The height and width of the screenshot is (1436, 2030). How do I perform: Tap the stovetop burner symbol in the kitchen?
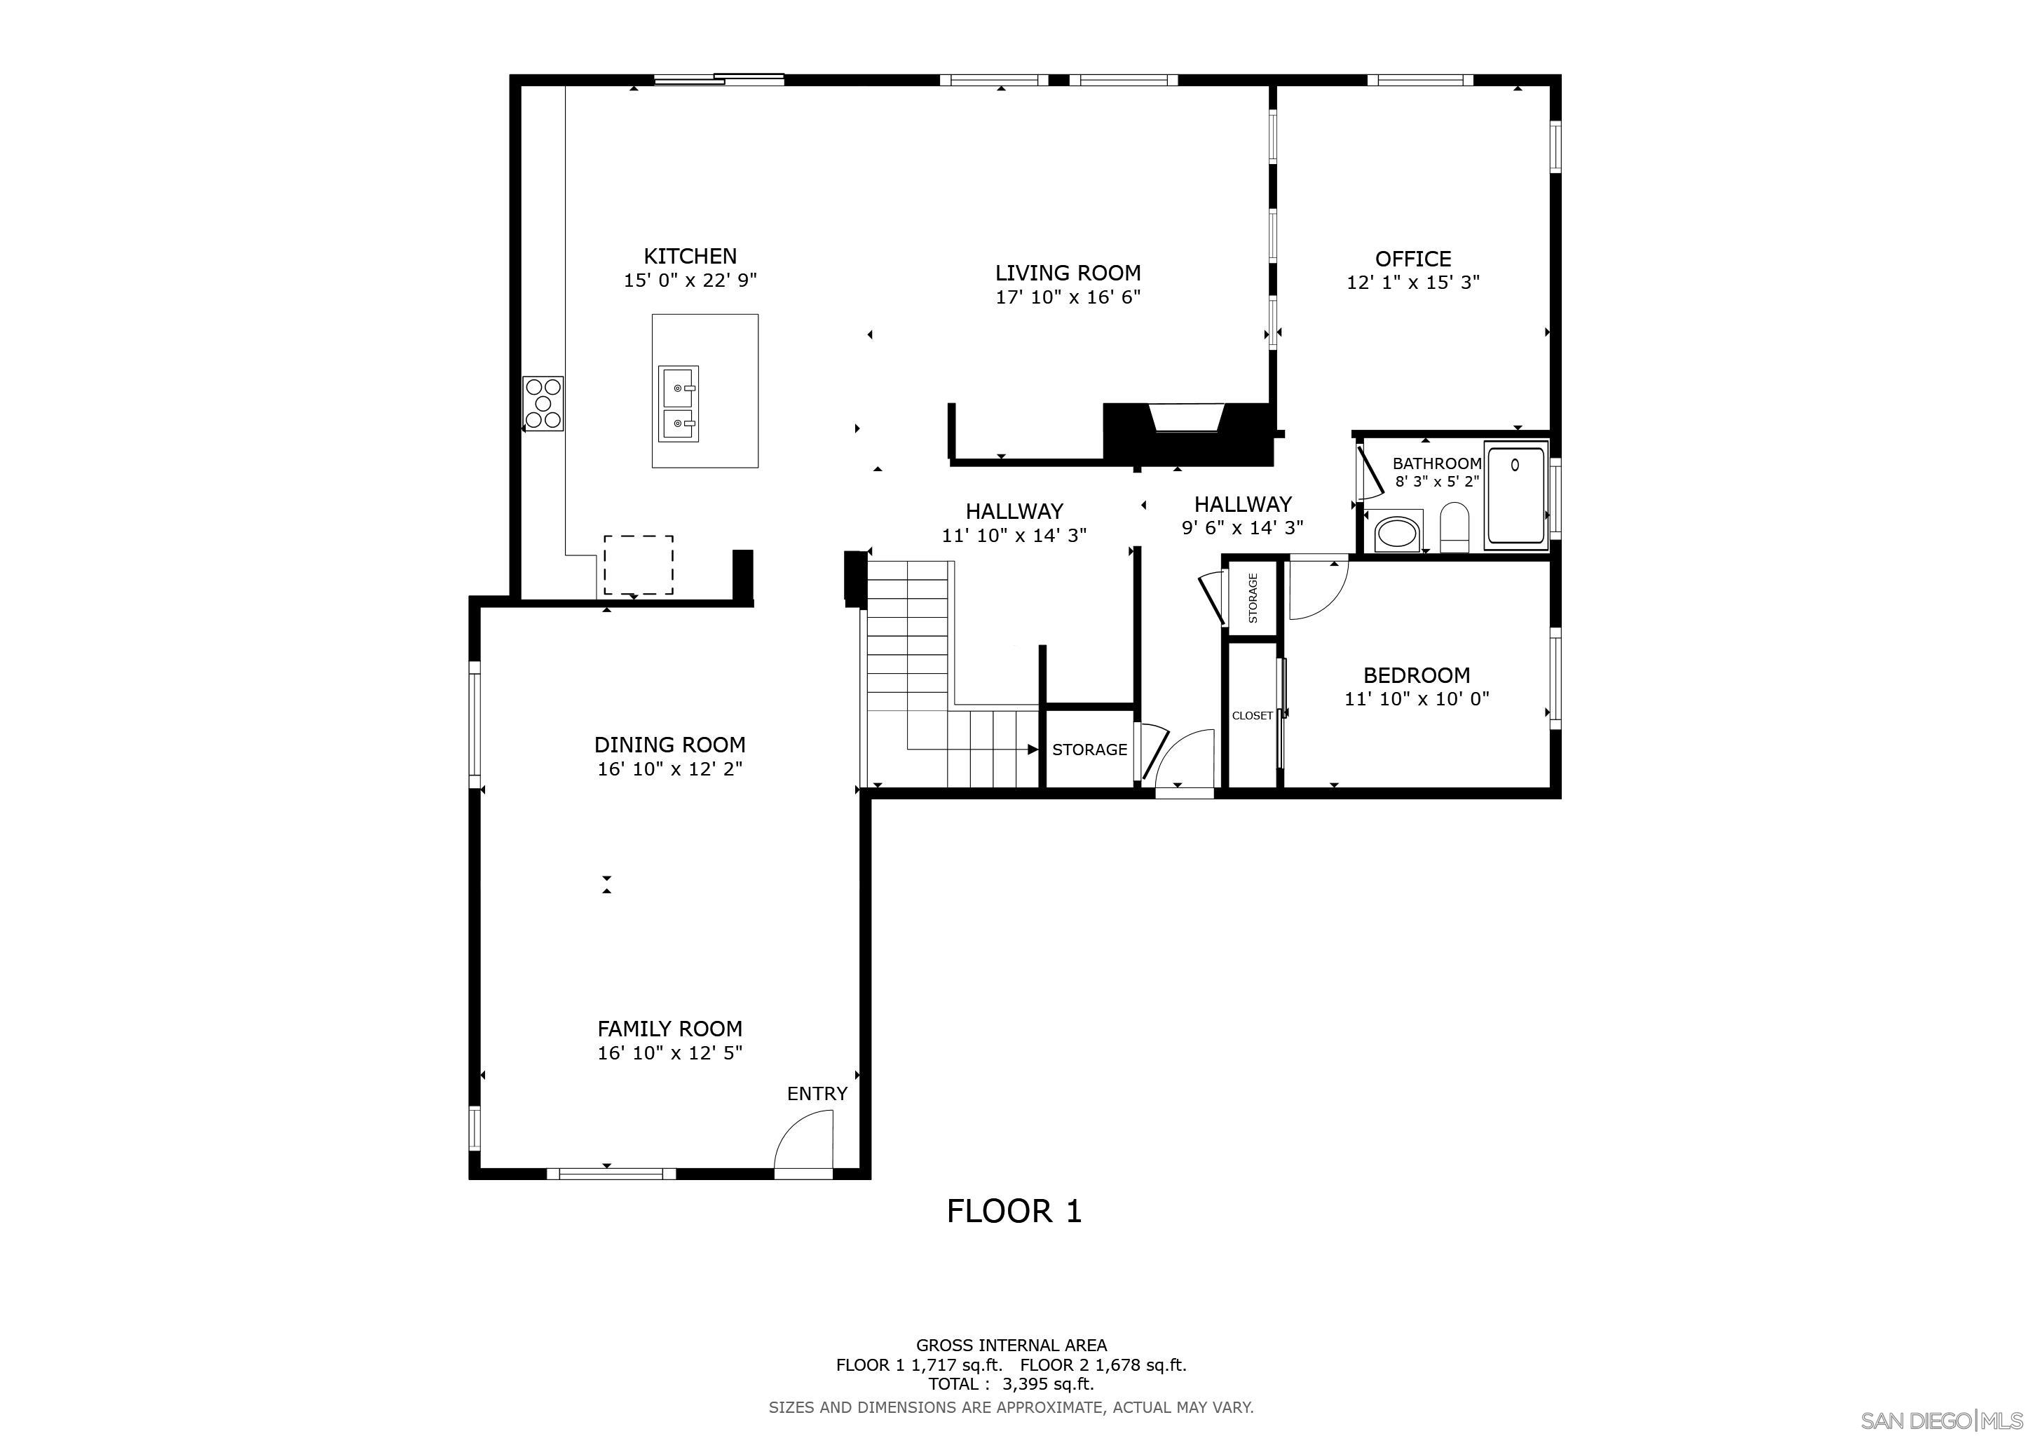pyautogui.click(x=543, y=403)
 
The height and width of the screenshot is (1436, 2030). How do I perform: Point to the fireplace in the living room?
pyautogui.click(x=1188, y=419)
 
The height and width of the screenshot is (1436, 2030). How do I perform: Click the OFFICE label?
pyautogui.click(x=1412, y=259)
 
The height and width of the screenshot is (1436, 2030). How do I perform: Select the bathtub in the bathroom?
pyautogui.click(x=1515, y=494)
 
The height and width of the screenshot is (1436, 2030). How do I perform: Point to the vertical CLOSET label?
pyautogui.click(x=1252, y=715)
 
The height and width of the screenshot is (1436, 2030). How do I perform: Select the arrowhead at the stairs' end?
pyautogui.click(x=1032, y=750)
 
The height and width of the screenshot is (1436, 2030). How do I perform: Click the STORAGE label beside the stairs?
pyautogui.click(x=1089, y=750)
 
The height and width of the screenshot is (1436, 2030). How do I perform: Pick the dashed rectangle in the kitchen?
pyautogui.click(x=639, y=565)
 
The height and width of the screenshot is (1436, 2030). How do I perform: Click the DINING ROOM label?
pyautogui.click(x=669, y=745)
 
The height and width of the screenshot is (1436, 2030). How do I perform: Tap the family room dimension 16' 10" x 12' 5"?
pyautogui.click(x=669, y=1053)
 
